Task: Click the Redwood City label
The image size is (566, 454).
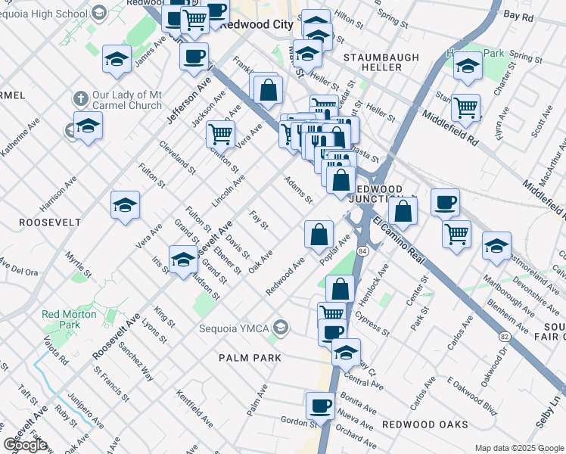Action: [x=261, y=24]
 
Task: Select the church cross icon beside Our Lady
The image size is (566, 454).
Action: [x=80, y=99]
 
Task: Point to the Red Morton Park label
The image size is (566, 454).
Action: [x=69, y=319]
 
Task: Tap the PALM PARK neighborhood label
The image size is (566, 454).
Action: [x=250, y=357]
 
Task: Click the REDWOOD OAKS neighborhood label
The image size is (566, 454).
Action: [x=424, y=424]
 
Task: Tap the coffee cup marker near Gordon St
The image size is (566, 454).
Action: [x=319, y=406]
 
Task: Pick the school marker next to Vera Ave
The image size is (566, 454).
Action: [x=126, y=205]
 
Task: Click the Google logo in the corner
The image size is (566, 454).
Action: [x=25, y=444]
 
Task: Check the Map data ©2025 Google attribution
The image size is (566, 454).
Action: [x=518, y=447]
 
